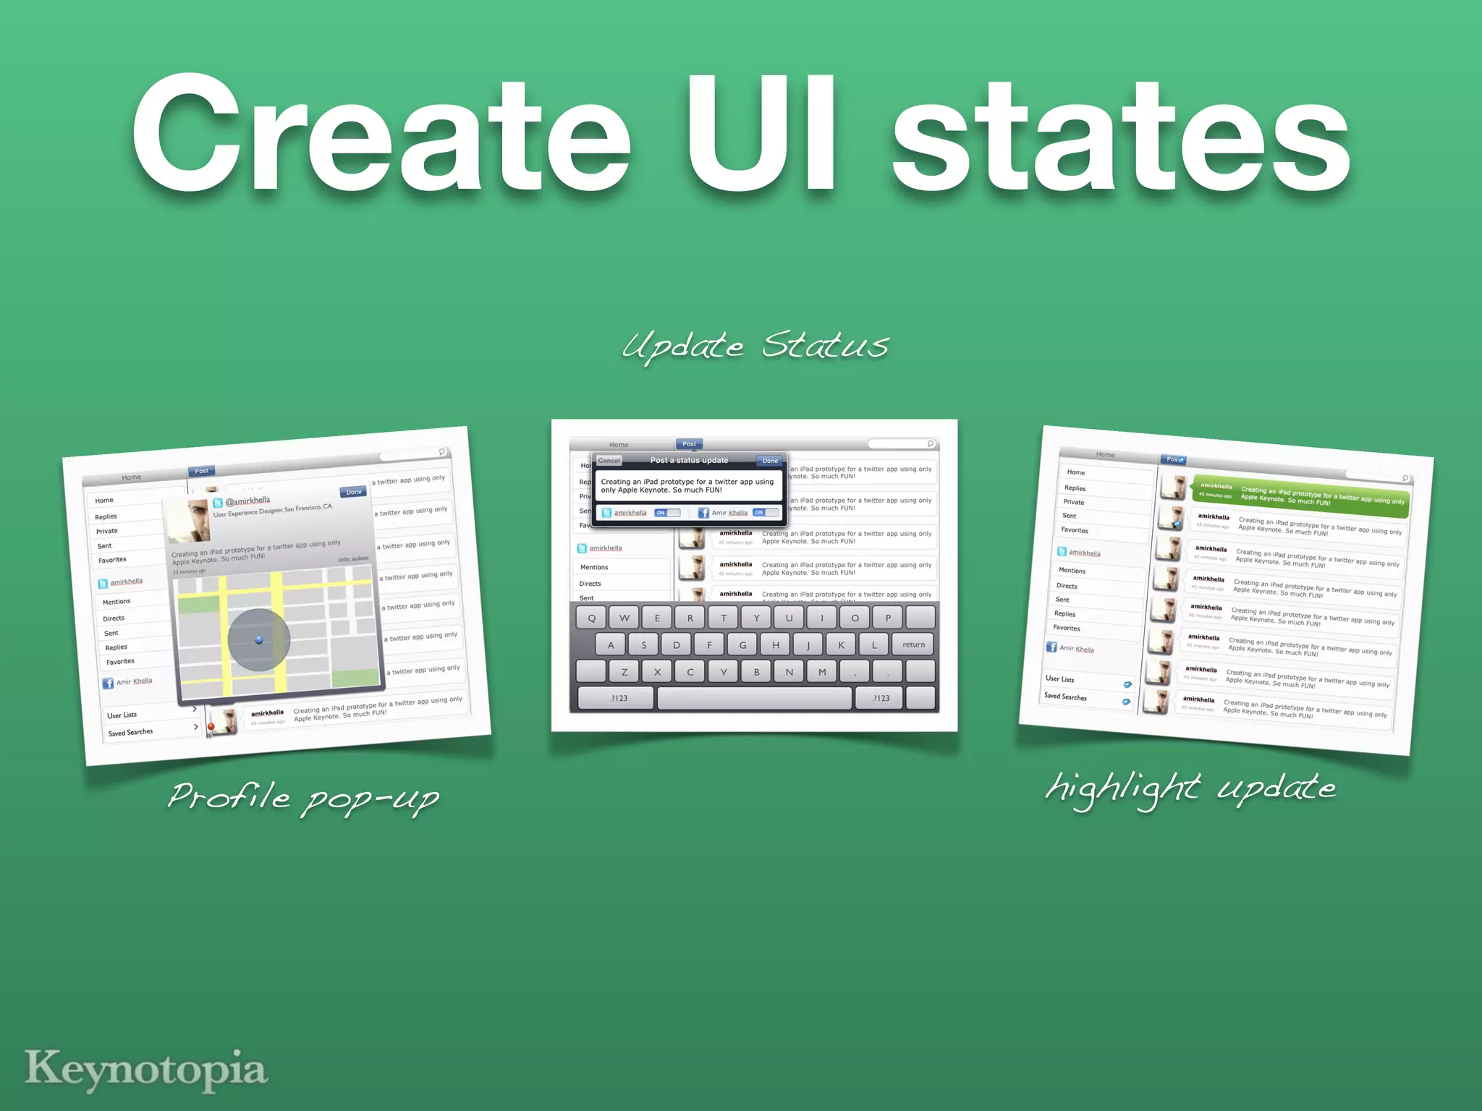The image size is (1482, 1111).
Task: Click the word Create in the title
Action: [381, 137]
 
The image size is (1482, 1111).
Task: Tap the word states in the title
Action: [1120, 137]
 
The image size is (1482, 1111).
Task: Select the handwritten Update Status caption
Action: [755, 346]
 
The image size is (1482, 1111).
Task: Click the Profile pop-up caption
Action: [303, 799]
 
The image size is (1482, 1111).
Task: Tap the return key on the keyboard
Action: [913, 644]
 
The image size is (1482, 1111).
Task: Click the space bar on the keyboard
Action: [755, 698]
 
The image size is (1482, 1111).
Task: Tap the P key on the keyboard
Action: [888, 618]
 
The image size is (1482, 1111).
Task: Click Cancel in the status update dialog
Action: [609, 461]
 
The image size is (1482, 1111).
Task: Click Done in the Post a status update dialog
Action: [770, 461]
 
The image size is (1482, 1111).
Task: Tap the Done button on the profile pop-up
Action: [354, 492]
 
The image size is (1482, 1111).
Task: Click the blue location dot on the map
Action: [259, 639]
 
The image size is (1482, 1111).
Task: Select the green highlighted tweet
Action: [1300, 495]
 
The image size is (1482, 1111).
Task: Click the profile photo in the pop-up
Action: [189, 521]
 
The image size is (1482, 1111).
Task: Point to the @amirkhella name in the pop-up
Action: [247, 501]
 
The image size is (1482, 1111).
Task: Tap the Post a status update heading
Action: [689, 460]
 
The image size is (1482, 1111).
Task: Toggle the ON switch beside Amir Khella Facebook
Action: [766, 512]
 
